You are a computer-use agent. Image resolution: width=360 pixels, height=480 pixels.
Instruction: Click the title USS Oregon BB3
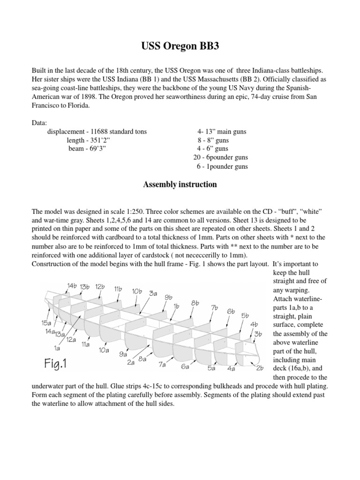pos(180,46)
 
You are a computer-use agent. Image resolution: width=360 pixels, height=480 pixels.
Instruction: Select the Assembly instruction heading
pos(180,185)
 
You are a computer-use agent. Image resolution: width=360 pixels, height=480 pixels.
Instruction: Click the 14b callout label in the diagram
pos(72,285)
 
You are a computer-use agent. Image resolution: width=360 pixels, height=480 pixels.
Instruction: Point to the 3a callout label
pos(153,293)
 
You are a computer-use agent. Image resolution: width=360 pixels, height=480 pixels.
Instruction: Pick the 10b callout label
pos(137,291)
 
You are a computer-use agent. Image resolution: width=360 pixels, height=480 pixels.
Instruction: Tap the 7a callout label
pos(163,363)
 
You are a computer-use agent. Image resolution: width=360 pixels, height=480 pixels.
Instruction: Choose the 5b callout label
pos(245,315)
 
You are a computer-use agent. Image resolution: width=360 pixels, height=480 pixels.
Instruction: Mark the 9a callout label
pos(124,354)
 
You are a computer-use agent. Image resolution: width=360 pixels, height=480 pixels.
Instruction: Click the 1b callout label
pos(177,306)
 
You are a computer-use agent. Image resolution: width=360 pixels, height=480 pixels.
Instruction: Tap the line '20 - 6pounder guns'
pos(221,157)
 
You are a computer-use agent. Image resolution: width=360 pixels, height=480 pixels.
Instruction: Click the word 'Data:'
pos(39,123)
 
